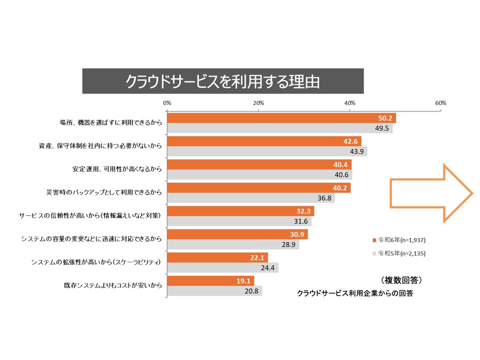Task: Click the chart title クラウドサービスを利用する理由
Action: pyautogui.click(x=223, y=81)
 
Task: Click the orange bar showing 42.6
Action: pyautogui.click(x=262, y=141)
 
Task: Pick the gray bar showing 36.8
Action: pyautogui.click(x=250, y=198)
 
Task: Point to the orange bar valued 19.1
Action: pyautogui.click(x=203, y=280)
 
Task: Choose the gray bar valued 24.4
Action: pyautogui.click(x=221, y=268)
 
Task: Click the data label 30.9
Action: pyautogui.click(x=298, y=235)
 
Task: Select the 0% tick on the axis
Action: pyautogui.click(x=167, y=103)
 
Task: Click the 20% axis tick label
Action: pyautogui.click(x=259, y=103)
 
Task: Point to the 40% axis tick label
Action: pyautogui.click(x=350, y=103)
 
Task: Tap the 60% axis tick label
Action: pyautogui.click(x=440, y=103)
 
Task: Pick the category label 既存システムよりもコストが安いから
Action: pyautogui.click(x=112, y=286)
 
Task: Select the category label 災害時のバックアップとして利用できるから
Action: pyautogui.click(x=105, y=192)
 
